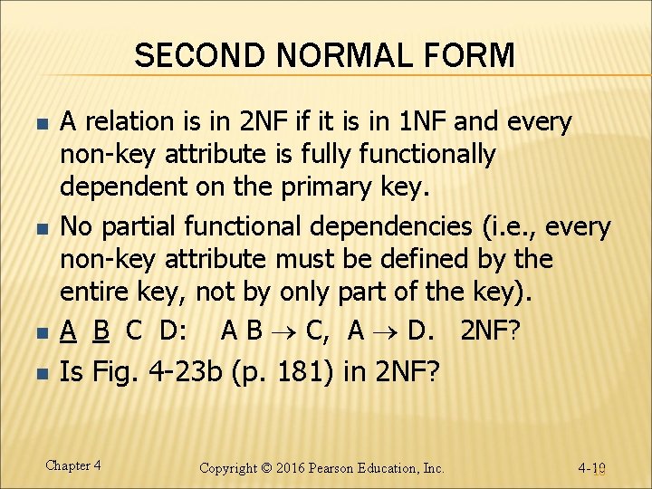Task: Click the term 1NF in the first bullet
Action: pos(421,120)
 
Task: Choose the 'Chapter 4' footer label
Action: pos(72,465)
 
